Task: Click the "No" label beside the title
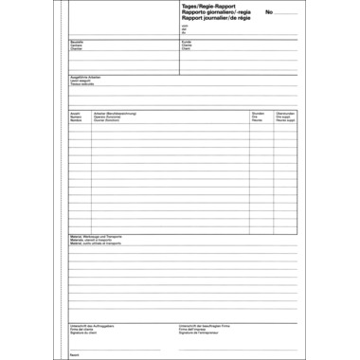click(269, 11)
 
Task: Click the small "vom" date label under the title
click(183, 26)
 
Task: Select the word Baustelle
click(77, 42)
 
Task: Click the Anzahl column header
click(76, 113)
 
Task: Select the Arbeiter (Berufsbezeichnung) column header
click(116, 113)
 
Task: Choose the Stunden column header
click(258, 113)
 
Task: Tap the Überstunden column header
click(285, 113)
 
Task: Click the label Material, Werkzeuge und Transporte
click(97, 236)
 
